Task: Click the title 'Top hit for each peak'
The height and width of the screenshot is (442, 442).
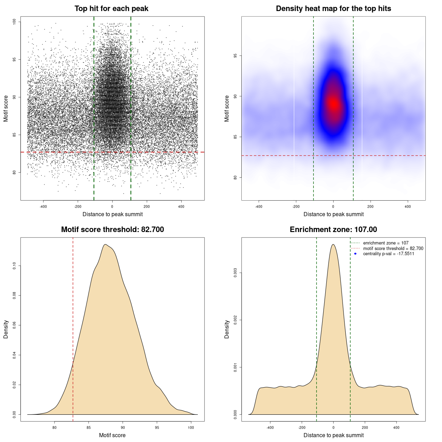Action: pyautogui.click(x=111, y=9)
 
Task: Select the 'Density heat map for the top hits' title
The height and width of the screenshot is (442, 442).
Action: pyautogui.click(x=333, y=9)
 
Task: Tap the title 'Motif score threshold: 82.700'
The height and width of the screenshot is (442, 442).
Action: pyautogui.click(x=112, y=230)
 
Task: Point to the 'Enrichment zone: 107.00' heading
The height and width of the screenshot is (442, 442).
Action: pyautogui.click(x=333, y=230)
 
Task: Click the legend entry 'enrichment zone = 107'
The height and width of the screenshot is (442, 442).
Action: pyautogui.click(x=385, y=243)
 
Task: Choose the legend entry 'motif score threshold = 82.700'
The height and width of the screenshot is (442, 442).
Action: pyautogui.click(x=393, y=249)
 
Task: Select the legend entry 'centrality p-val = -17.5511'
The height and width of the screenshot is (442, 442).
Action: pyautogui.click(x=388, y=254)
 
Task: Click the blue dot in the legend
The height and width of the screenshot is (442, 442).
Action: pyautogui.click(x=355, y=254)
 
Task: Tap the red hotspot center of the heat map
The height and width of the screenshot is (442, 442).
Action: pyautogui.click(x=333, y=104)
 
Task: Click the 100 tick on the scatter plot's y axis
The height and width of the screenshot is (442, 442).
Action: pyautogui.click(x=14, y=22)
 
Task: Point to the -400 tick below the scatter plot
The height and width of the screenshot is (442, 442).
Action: pyautogui.click(x=43, y=206)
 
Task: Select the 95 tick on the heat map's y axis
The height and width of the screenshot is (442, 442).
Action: pyautogui.click(x=235, y=56)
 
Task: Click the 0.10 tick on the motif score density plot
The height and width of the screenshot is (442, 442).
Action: pyautogui.click(x=14, y=266)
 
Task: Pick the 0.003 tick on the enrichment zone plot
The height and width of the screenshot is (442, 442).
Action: pyautogui.click(x=235, y=273)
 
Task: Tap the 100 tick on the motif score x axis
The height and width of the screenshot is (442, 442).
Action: pyautogui.click(x=191, y=427)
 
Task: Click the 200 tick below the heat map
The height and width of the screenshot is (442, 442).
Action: pyautogui.click(x=371, y=206)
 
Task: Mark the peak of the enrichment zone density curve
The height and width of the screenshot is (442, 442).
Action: pyautogui.click(x=333, y=244)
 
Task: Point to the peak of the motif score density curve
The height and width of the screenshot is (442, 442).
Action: pyautogui.click(x=106, y=244)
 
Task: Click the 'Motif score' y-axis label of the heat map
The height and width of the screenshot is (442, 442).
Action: pyautogui.click(x=227, y=108)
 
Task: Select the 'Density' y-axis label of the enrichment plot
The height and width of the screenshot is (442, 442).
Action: pyautogui.click(x=227, y=329)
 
